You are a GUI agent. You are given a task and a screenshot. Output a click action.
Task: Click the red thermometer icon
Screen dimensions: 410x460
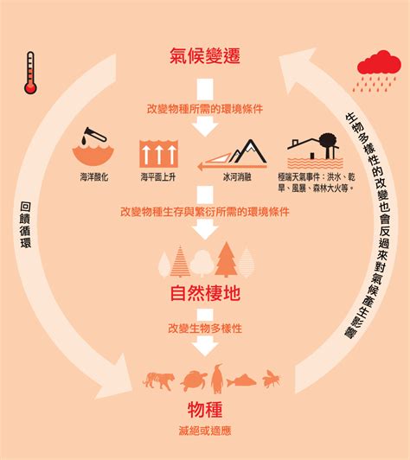tap(30, 73)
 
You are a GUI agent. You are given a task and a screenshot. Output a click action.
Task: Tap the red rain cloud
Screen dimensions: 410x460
tap(379, 63)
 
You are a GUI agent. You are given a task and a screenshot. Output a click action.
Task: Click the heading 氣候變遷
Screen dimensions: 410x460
tap(205, 55)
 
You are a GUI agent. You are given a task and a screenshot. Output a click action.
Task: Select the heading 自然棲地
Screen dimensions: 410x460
tap(205, 293)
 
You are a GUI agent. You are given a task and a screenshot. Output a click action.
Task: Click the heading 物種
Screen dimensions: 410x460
tap(205, 410)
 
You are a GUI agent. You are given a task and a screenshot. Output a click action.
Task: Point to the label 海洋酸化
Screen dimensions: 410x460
tap(94, 177)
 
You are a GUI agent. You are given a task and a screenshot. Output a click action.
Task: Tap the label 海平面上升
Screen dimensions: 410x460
tap(158, 177)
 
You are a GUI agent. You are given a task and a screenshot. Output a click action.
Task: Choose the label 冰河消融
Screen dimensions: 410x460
tap(237, 177)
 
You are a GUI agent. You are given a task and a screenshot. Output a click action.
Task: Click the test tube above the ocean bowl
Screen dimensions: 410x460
tap(94, 135)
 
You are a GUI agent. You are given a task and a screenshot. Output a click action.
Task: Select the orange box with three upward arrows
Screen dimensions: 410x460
tap(158, 153)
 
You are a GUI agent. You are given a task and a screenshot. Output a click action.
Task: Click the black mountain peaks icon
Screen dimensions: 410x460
tap(248, 151)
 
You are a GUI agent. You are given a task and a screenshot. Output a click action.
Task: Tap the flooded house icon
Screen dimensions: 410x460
tap(315, 150)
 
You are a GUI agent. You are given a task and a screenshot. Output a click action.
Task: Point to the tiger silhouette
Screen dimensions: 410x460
tap(158, 380)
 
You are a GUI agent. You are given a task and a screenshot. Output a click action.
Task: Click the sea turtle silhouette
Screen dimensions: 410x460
tap(194, 380)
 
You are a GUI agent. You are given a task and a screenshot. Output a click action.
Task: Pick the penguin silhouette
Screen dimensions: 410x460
tap(217, 379)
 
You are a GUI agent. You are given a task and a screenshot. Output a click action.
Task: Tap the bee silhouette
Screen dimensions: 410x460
tap(272, 379)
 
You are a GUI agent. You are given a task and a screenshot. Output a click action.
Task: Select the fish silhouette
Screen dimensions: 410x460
tap(241, 380)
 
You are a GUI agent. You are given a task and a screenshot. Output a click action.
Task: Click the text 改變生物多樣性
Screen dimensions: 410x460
tap(205, 329)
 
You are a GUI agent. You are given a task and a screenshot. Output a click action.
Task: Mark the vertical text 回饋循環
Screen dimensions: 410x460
tap(26, 225)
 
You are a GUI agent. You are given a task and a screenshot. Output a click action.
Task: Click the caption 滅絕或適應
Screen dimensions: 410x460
tap(205, 431)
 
